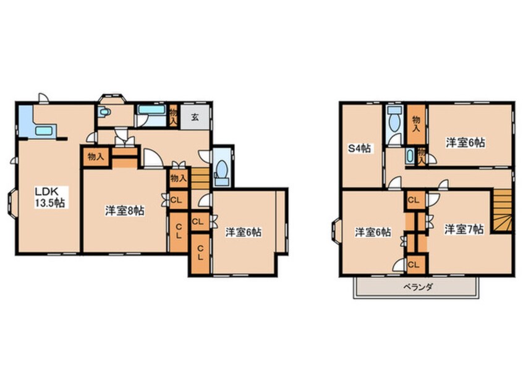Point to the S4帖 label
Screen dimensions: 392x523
pos(359,148)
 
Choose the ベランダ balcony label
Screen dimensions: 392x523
pos(418,286)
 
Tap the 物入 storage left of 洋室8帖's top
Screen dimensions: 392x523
pos(95,157)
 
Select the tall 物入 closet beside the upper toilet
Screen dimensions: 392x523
pos(417,124)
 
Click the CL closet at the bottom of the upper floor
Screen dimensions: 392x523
pos(414,265)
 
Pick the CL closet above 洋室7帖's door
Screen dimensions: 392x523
pos(413,200)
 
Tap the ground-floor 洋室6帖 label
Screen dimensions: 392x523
pos(243,232)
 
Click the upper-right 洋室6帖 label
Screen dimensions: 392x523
pos(466,142)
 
